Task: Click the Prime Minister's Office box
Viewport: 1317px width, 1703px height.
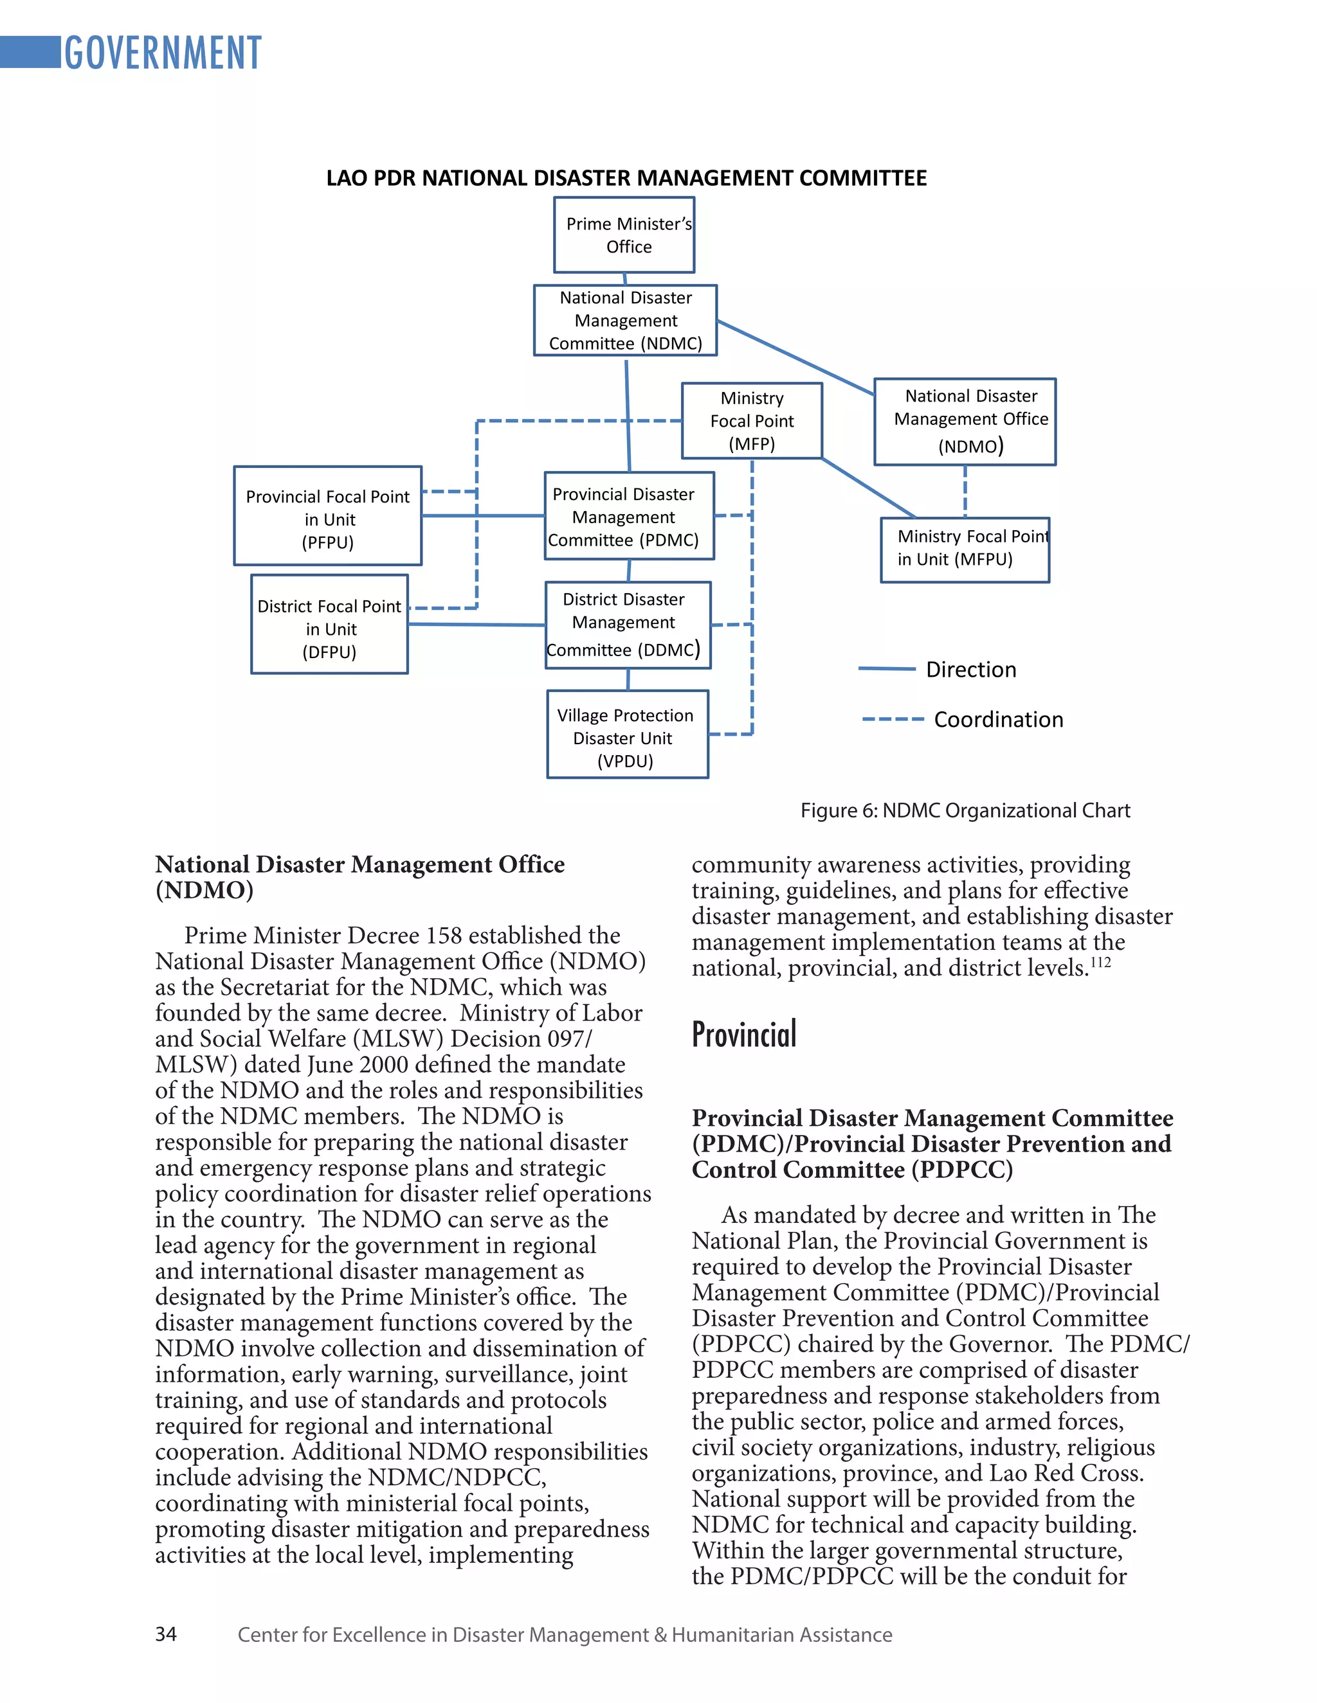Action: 624,235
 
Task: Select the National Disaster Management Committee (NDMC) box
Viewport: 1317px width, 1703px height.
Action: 625,321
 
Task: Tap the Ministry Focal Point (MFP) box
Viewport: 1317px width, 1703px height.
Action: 751,421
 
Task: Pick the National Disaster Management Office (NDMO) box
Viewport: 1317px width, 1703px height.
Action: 965,422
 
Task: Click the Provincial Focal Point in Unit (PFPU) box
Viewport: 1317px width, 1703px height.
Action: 328,516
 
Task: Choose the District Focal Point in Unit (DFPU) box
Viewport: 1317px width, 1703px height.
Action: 329,625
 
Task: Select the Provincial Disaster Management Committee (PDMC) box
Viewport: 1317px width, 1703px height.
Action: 629,516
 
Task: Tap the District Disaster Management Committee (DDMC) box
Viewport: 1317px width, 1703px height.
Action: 627,625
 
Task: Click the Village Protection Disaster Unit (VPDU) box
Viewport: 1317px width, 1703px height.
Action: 627,735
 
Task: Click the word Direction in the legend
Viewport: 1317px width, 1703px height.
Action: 970,670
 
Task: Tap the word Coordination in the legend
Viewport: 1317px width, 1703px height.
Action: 998,720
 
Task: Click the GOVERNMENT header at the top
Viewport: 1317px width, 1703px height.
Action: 162,53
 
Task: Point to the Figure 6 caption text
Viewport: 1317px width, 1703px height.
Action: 965,811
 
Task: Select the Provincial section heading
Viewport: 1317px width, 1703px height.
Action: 743,1035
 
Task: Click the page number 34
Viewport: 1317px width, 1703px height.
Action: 166,1634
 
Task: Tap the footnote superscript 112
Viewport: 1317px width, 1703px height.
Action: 1100,962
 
